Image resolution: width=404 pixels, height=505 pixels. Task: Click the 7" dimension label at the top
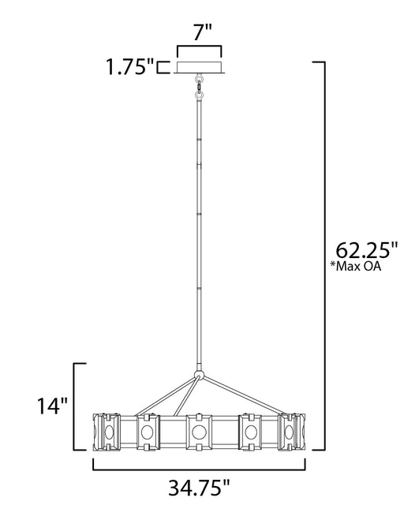203,32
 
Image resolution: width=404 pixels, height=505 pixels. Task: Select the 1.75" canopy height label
130,67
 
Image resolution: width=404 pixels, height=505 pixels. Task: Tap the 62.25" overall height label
367,250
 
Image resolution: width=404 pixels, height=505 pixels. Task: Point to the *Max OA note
356,267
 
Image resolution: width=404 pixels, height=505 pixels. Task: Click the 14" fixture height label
53,406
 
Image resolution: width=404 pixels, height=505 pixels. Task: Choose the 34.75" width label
200,488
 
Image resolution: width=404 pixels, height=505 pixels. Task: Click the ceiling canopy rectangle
199,67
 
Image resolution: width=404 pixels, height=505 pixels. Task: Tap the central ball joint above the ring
199,376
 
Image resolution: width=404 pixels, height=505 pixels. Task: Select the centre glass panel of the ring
199,432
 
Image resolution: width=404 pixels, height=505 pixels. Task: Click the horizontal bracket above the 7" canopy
199,50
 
